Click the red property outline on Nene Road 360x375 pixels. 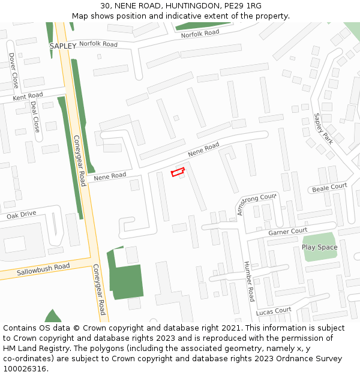pos(178,173)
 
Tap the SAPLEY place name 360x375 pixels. pos(63,46)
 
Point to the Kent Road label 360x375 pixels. pos(28,96)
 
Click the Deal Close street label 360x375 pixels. pos(35,116)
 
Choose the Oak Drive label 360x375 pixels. pos(22,214)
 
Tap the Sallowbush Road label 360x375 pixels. pos(43,269)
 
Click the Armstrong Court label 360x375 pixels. pos(257,199)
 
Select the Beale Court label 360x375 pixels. pos(329,188)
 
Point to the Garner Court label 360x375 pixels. pos(288,232)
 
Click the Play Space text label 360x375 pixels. pos(319,247)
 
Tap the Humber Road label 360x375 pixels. pos(249,281)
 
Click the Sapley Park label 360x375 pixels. pos(323,128)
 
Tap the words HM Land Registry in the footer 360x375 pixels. pos(34,349)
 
